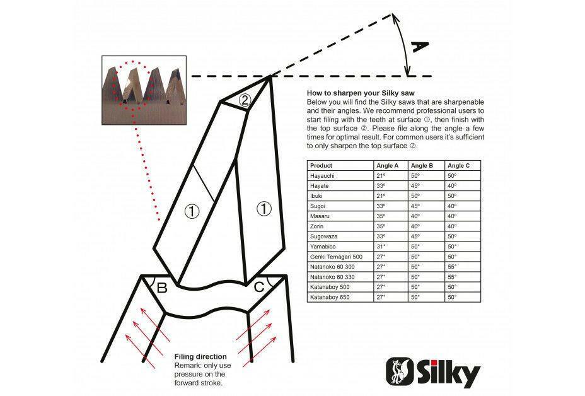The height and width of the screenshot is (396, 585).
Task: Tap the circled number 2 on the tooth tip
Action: (245, 99)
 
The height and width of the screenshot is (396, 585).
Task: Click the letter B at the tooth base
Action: (161, 288)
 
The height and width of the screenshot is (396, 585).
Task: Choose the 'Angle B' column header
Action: (422, 166)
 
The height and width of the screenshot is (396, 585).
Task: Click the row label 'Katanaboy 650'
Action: (327, 296)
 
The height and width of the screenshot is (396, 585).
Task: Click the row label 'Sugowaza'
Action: (323, 236)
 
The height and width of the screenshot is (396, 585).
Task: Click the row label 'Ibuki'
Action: (317, 196)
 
